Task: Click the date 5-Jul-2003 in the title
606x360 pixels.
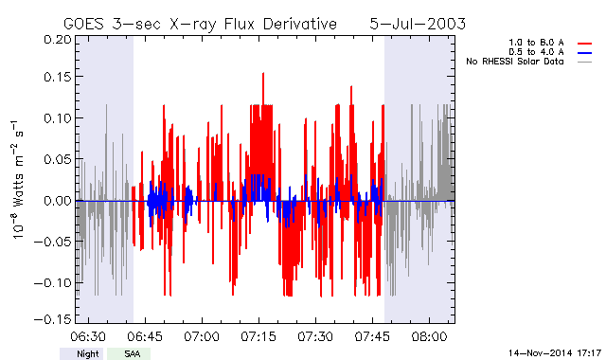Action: pos(418,24)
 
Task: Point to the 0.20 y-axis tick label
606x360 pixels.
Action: pos(58,40)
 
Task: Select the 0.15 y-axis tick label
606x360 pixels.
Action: pos(58,77)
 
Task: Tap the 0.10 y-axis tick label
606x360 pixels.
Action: pos(58,117)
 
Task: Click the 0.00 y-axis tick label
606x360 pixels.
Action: pos(58,200)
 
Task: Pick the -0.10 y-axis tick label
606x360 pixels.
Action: pos(53,282)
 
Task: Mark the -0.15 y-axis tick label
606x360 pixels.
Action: pos(53,319)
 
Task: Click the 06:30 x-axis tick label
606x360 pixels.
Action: pos(88,336)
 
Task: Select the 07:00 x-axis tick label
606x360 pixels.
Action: pos(202,336)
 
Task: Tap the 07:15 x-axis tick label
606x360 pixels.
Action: pos(258,336)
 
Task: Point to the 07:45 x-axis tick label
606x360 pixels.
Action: pos(372,336)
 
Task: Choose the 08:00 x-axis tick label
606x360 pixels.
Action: pos(429,336)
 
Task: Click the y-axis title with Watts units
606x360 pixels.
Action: pos(17,180)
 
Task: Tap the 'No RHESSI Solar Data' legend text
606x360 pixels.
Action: pos(515,62)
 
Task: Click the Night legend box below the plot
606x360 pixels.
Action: pos(81,353)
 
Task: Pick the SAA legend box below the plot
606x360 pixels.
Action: pos(129,353)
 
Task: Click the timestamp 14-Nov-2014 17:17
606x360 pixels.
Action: pos(555,353)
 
